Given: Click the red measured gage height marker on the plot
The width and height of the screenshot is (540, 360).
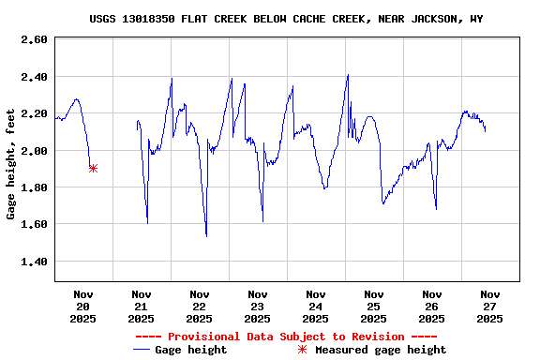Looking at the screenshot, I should point(93,168).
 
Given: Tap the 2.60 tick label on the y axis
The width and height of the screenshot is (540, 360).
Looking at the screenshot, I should point(34,39).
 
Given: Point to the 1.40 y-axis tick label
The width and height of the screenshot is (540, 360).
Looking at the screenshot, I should point(34,262).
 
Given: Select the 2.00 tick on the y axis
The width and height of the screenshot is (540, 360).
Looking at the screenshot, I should point(34,151).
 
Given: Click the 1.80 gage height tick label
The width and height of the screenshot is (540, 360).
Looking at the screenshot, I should point(34,187).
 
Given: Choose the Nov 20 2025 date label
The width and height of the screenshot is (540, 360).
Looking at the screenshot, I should point(83,306).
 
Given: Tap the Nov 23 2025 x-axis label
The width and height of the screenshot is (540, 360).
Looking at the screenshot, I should point(258,306).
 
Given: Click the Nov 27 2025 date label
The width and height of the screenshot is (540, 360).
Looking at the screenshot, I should point(490,306).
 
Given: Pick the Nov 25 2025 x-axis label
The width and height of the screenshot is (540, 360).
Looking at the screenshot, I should point(374,306).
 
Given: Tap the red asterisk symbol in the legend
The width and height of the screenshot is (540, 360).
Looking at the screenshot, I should point(302,350).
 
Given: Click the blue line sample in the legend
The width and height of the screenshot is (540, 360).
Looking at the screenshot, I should point(142,350).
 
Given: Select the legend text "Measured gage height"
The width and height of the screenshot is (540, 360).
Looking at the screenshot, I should point(381,350).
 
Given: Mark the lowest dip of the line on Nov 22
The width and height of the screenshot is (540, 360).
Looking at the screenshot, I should point(206,235).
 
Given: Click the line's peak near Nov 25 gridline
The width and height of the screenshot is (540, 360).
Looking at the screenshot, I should point(348,75).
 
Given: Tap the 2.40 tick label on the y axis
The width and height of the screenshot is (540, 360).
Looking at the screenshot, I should point(34,77).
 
